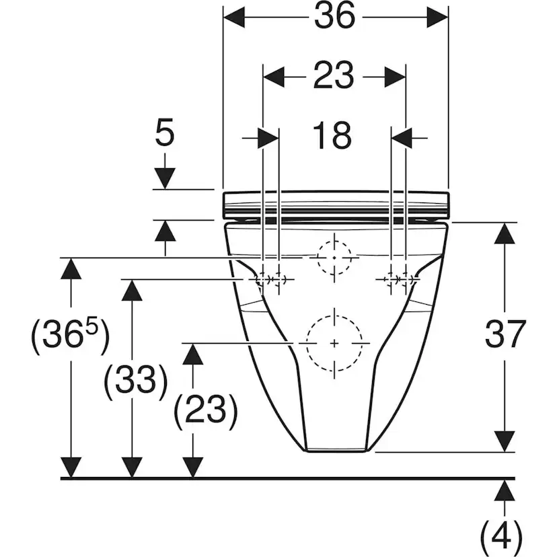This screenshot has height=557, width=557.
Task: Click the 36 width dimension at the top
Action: click(x=334, y=16)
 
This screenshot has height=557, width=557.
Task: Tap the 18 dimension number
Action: click(x=332, y=135)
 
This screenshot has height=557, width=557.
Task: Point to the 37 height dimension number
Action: click(x=505, y=334)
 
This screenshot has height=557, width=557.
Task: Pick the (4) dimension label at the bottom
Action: click(x=501, y=536)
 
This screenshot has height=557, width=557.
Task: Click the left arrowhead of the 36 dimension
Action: click(x=233, y=17)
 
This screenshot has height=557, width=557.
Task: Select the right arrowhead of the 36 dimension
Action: click(x=438, y=17)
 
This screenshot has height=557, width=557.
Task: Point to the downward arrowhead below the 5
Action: click(x=165, y=178)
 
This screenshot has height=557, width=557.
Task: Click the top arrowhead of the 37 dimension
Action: click(x=505, y=233)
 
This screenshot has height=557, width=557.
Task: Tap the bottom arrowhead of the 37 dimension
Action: click(x=505, y=441)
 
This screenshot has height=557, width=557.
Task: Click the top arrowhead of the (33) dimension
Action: click(x=132, y=290)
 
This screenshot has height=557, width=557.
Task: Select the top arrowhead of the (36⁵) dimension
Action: click(x=71, y=268)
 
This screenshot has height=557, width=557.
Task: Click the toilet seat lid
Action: click(x=336, y=205)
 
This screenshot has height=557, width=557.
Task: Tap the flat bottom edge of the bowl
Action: click(x=336, y=451)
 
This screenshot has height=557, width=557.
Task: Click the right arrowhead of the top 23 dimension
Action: click(x=395, y=77)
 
